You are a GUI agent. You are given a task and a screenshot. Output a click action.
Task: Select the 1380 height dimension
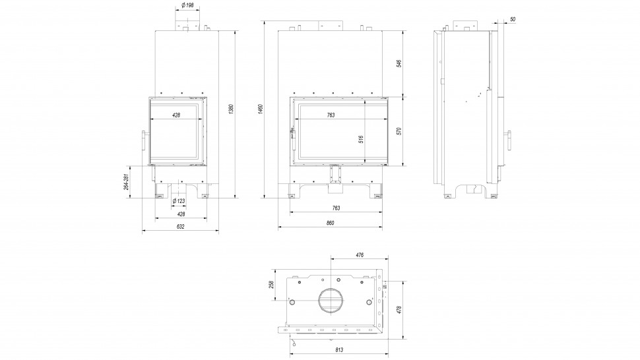coord(231,109)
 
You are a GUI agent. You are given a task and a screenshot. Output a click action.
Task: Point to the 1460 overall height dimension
coord(261,109)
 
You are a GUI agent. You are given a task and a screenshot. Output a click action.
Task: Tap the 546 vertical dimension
coord(399,64)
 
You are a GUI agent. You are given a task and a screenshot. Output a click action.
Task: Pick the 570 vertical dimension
coord(399,131)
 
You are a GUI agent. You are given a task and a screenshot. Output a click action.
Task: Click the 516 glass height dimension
coord(361,138)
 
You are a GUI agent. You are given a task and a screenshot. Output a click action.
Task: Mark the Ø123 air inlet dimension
coord(178,201)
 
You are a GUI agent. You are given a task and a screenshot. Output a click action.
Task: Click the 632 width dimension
coord(181,226)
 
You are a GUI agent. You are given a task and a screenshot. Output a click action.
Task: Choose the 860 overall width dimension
coord(330,223)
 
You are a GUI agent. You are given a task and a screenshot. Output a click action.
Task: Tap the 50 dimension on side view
coord(513,19)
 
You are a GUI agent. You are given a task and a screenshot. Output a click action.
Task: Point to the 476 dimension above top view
coord(360,255)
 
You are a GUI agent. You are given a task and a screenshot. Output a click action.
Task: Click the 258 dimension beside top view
coord(272,285)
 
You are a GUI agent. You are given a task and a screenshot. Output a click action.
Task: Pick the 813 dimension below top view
coord(339,350)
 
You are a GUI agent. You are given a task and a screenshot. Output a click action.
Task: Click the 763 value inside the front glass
coord(330,115)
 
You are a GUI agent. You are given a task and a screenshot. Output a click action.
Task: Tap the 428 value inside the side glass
coord(176,115)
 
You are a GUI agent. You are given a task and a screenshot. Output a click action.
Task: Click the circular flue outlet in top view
coord(331,301)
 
